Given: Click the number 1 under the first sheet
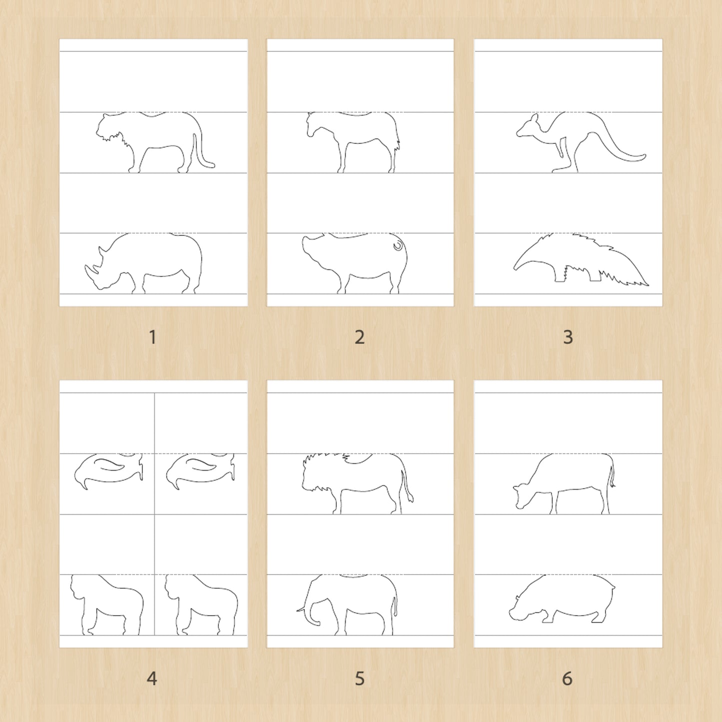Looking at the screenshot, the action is coord(152,337).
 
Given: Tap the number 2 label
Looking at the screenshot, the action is coord(360,337).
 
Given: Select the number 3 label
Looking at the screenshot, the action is coord(568,337).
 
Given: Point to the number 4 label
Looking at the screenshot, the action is coord(152,678).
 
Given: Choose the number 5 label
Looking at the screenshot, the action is coord(360,678).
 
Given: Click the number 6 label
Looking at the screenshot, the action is coord(567,678).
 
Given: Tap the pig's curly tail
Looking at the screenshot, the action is coord(398,246).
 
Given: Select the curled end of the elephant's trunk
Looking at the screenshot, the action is coord(317,624).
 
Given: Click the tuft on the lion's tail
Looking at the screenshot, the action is coord(411,497).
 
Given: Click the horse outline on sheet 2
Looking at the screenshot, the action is coord(353,142).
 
